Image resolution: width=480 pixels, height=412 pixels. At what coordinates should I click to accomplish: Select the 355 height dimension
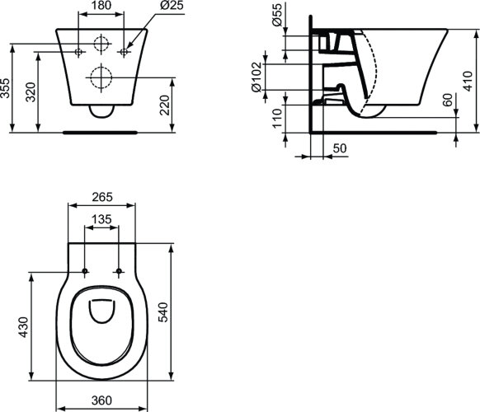[x=7, y=88]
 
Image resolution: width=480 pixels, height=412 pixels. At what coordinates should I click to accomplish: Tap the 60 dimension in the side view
[x=446, y=101]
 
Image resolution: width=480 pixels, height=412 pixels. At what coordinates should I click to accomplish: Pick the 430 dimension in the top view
[x=25, y=326]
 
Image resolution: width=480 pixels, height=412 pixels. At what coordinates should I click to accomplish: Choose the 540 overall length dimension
[x=186, y=313]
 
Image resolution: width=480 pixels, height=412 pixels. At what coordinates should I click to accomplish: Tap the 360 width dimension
[x=101, y=401]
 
